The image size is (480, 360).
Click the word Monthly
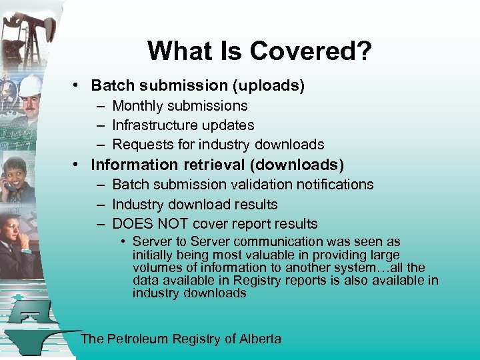[x=139, y=106]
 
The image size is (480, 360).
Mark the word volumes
[x=155, y=268]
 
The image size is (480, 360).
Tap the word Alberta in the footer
[x=260, y=339]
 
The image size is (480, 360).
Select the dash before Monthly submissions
[x=99, y=106]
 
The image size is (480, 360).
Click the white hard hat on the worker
[x=30, y=85]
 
